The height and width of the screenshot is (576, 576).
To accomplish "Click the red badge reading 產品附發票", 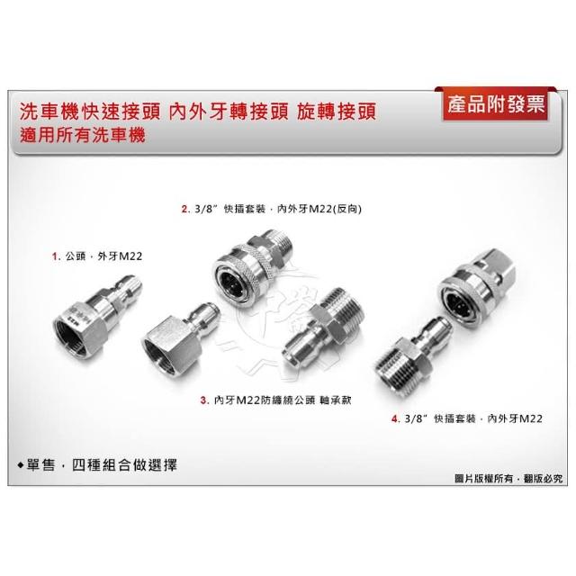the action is tap(495, 104).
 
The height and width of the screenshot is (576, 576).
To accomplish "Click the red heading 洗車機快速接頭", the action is tap(90, 112).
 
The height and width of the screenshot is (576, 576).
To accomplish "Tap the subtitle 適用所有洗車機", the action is tap(83, 135).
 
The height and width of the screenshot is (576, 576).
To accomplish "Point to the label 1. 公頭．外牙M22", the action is tap(97, 256).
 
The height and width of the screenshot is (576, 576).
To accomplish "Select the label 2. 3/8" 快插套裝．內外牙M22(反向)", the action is tap(272, 209).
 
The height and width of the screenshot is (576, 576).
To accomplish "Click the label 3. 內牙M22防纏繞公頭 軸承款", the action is tap(276, 400).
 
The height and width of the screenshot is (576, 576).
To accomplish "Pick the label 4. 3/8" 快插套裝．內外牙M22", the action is tap(467, 418).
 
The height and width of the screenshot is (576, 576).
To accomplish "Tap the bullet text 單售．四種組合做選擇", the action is tap(97, 465).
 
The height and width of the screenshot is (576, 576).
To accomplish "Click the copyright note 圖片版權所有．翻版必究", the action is tap(508, 479).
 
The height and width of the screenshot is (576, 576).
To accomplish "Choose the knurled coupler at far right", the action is tap(476, 284).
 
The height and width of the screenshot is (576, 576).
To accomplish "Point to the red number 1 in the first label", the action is tap(55, 256).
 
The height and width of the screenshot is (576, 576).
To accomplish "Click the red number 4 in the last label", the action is tap(395, 418).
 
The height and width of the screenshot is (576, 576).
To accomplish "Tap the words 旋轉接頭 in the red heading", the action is tap(337, 112).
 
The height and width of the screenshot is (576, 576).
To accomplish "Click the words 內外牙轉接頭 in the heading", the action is tap(229, 112).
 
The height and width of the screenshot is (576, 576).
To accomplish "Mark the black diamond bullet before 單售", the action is tap(21, 465).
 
